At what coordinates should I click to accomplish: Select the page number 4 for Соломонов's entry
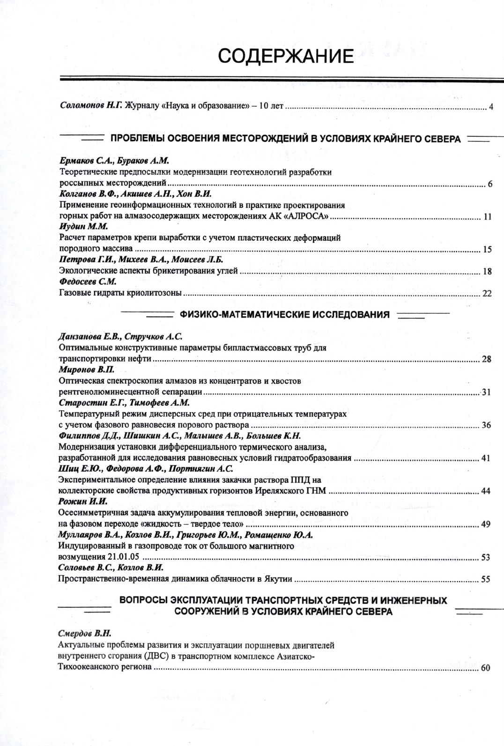click(490, 107)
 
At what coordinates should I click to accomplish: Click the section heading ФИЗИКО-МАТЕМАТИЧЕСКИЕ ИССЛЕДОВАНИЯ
click(285, 315)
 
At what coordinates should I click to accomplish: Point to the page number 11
click(487, 216)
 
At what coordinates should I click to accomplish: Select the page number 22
click(487, 294)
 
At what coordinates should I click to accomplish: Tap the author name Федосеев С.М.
click(88, 282)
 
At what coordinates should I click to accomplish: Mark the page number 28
click(486, 359)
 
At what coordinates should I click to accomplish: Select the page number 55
click(485, 579)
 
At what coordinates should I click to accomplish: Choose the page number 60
click(485, 668)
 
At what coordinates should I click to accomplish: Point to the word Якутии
click(278, 579)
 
